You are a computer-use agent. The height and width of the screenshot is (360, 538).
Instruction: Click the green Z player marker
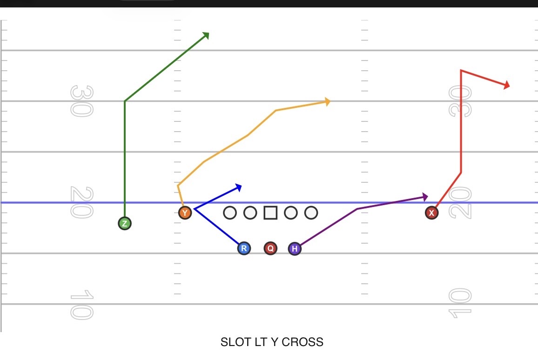pos(125,224)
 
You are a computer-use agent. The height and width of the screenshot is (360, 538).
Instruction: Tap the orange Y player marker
pos(185,213)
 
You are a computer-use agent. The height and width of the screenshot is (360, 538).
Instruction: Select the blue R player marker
pos(244,248)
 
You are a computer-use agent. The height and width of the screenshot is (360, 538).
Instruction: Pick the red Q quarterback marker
pos(270,248)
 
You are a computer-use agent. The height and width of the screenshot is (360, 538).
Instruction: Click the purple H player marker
pos(295,248)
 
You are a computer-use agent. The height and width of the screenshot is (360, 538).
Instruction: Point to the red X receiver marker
pos(431,213)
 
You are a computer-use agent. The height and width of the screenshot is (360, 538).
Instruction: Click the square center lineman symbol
pos(270,213)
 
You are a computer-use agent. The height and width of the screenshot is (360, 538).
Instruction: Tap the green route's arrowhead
pos(206,35)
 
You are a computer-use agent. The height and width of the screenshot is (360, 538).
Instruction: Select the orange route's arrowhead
pos(327,101)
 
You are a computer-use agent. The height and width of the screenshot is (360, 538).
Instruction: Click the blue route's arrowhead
pos(239,187)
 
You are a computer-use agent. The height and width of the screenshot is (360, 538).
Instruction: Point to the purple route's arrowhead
pos(425,197)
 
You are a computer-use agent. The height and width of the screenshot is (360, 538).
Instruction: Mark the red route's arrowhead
pos(507,85)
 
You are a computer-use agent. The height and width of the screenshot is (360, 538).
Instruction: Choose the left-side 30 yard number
pos(81,101)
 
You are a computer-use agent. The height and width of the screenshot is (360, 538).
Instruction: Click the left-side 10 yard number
pos(81,305)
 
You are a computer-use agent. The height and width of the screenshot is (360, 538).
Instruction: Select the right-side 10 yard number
pos(460,303)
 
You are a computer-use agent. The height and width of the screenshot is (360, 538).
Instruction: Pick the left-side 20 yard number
pos(81,202)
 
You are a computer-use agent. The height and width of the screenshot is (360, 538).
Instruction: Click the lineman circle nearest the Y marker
pos(230,213)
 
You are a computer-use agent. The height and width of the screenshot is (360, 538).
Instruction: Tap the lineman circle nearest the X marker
pos(311,213)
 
